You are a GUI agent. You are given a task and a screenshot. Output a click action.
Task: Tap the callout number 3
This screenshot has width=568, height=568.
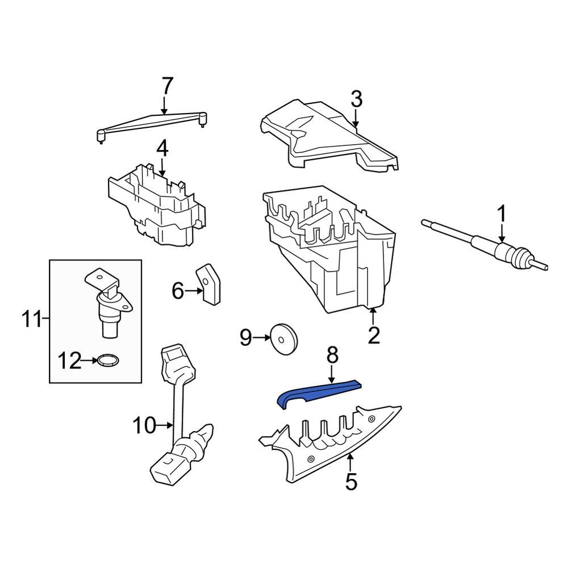click(357, 99)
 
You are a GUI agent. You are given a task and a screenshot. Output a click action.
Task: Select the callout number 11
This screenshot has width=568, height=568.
click(32, 319)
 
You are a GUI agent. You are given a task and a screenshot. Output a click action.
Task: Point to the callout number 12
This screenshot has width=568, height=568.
click(70, 361)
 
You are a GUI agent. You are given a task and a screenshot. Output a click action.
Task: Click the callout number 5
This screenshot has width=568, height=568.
click(351, 481)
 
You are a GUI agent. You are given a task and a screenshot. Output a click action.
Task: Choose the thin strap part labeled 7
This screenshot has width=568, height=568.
click(152, 126)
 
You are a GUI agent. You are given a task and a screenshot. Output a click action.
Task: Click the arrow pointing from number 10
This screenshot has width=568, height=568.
click(164, 425)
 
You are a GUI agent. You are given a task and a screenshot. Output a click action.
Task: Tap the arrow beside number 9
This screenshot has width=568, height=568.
click(261, 337)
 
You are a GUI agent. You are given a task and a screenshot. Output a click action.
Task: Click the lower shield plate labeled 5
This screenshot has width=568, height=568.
click(329, 444)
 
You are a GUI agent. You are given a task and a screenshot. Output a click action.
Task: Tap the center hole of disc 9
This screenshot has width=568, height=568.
click(281, 340)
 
